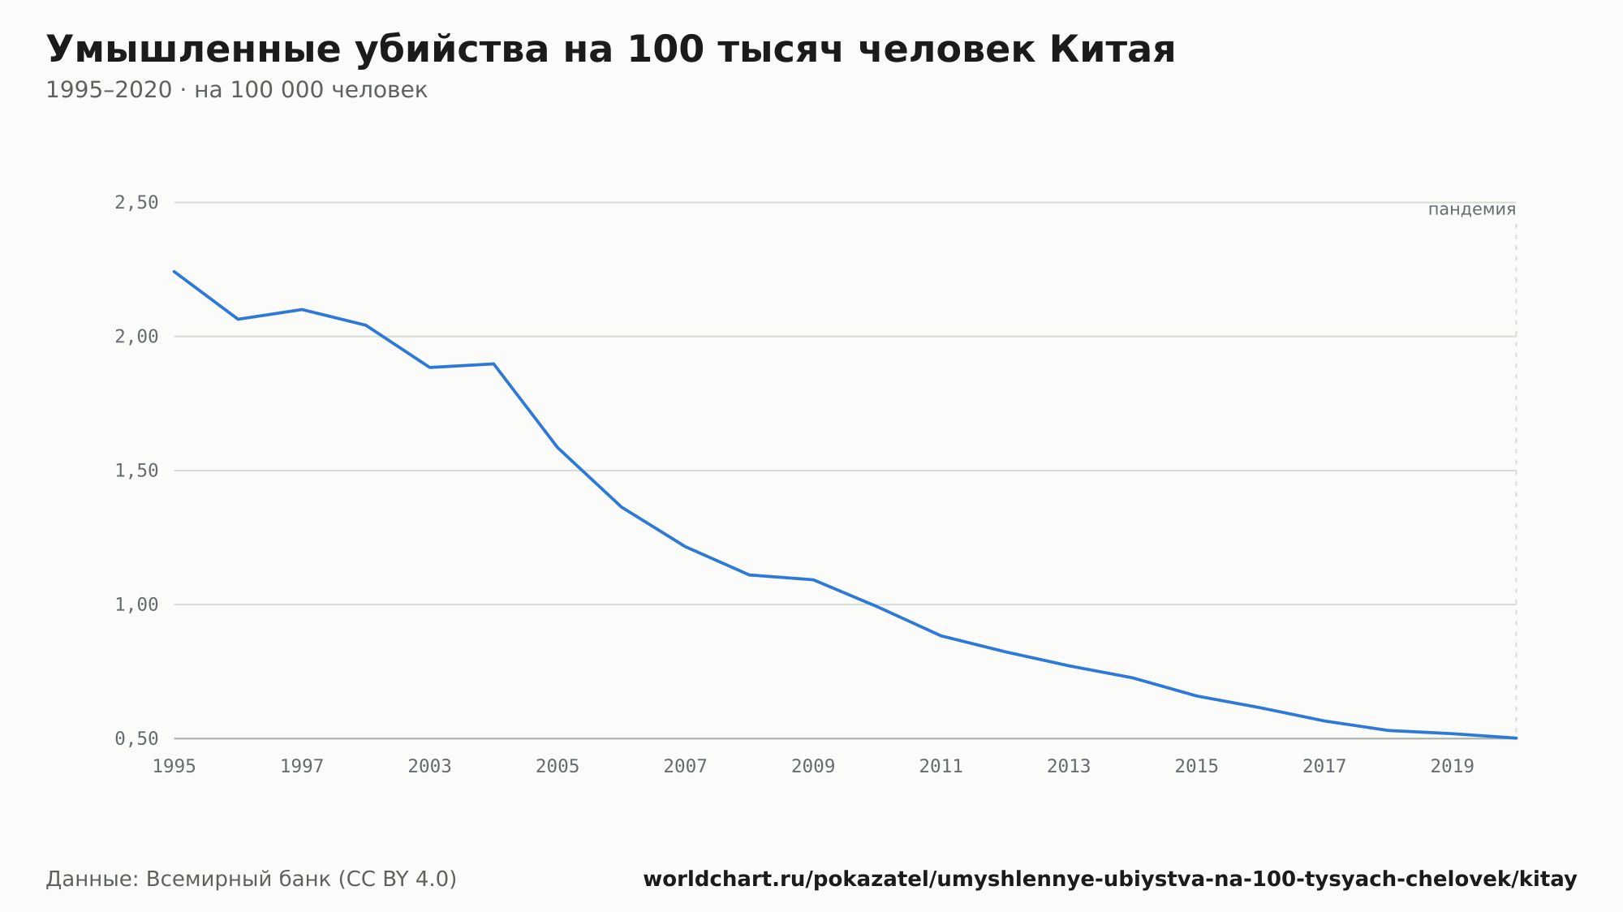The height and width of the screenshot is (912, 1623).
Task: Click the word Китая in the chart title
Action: [x=1112, y=50]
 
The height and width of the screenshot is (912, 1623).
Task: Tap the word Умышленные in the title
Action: [x=193, y=50]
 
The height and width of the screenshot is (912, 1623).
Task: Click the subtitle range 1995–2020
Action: [x=109, y=90]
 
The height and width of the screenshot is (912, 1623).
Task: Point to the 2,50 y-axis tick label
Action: [x=136, y=203]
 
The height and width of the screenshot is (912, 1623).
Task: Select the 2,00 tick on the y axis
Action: [x=136, y=337]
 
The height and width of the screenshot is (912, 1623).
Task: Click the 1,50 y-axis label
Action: [x=136, y=471]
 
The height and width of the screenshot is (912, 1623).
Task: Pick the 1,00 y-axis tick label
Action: [x=136, y=604]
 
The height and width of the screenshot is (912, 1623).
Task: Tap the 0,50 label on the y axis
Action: [x=136, y=738]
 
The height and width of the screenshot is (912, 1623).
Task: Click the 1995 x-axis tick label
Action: [x=174, y=766]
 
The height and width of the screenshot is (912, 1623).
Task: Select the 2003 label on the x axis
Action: [x=430, y=766]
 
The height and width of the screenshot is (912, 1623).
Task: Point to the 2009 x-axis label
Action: [x=813, y=766]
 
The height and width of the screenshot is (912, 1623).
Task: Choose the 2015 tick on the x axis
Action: [x=1197, y=766]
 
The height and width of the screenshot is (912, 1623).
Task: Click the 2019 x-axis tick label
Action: [x=1453, y=766]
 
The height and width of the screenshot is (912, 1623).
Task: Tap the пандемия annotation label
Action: [x=1472, y=209]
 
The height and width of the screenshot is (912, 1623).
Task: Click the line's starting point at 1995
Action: [x=174, y=271]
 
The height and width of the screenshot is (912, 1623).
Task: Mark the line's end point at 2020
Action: [x=1516, y=738]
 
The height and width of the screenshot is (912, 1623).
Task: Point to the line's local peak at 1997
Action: [x=302, y=309]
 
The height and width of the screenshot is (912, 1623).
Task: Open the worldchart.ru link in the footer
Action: [x=1110, y=879]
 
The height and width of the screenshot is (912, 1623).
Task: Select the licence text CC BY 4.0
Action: [x=398, y=879]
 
